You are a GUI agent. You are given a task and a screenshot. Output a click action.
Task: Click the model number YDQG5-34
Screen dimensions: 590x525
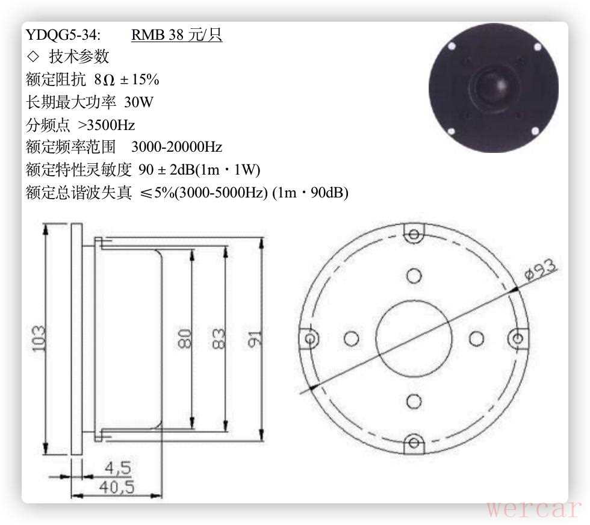tap(63, 35)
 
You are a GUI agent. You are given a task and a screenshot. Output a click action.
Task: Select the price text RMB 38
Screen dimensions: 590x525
tap(157, 35)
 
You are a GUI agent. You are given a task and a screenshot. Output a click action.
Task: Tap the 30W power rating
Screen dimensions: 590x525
tap(138, 102)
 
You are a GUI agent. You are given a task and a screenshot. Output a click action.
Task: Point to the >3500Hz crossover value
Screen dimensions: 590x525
tap(106, 125)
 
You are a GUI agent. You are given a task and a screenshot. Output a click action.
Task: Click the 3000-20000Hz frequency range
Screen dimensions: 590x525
tap(176, 147)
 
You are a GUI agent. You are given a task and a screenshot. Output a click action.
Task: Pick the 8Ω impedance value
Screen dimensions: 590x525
tap(104, 79)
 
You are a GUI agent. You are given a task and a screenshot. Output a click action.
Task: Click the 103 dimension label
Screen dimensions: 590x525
tap(39, 339)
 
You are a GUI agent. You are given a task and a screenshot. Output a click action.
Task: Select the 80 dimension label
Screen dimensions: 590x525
tap(184, 339)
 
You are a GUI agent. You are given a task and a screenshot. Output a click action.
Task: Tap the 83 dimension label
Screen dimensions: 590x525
tap(219, 339)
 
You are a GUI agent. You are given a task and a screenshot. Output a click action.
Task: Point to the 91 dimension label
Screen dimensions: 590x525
tap(255, 339)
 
